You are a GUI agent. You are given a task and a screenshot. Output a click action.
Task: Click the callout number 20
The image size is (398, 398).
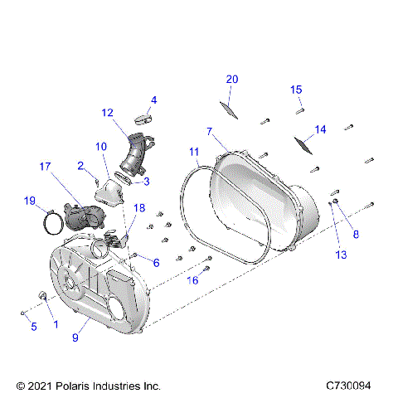232,79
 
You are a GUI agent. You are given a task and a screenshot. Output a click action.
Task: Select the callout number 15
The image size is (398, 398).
296,90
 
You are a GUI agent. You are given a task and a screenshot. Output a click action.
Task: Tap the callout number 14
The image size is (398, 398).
320,129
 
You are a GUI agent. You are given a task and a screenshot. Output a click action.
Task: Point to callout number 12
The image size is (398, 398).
108,112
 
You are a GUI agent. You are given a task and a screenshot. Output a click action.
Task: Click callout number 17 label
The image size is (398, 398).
46,166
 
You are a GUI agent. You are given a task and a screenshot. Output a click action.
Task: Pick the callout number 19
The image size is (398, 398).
29,201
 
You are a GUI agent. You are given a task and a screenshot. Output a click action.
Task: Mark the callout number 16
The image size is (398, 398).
192,281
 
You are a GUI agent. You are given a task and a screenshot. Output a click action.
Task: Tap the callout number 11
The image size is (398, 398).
194,152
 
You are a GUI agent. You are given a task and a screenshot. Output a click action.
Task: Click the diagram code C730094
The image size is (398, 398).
354,386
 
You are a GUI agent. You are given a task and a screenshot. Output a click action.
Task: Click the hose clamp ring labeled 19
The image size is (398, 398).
51,221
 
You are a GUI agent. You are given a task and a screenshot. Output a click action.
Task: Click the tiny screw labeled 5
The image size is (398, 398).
21,313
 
